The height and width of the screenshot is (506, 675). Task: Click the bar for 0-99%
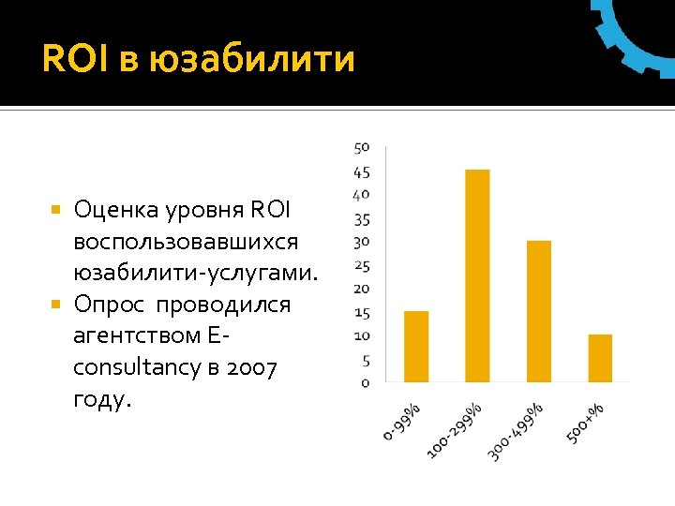tap(415, 346)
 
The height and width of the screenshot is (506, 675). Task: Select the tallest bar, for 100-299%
tap(477, 275)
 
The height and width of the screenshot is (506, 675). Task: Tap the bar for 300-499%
tap(539, 311)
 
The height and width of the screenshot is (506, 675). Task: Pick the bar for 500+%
tap(600, 358)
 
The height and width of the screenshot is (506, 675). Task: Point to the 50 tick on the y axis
tap(362, 147)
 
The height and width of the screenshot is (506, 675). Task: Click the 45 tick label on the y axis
tap(362, 172)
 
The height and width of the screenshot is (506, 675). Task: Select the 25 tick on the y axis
tap(362, 266)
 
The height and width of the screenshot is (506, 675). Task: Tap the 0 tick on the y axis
tap(366, 382)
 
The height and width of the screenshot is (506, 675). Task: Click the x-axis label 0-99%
tap(403, 419)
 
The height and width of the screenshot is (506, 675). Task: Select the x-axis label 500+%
tap(585, 423)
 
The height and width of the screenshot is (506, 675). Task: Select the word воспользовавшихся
tap(186, 241)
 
